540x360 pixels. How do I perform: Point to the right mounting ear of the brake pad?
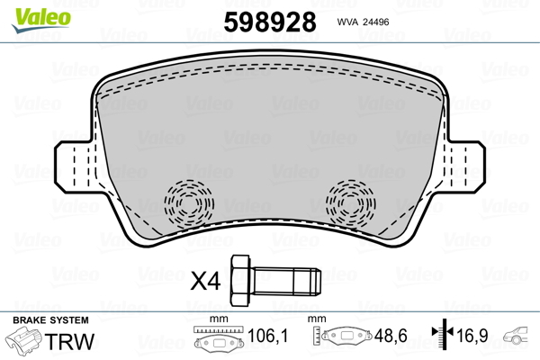coord(467,168)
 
